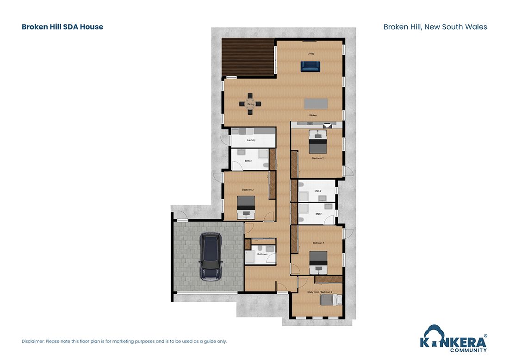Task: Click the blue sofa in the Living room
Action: click(x=310, y=67)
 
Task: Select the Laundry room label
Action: click(x=252, y=140)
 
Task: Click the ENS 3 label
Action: click(x=248, y=161)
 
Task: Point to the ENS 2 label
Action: click(x=318, y=191)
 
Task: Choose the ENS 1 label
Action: click(x=318, y=214)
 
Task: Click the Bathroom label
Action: click(x=262, y=254)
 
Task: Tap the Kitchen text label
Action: click(x=313, y=115)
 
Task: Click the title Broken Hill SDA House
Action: click(x=62, y=27)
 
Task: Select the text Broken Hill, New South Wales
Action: click(x=435, y=27)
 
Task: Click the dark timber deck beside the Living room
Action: click(x=248, y=57)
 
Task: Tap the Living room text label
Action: click(x=310, y=54)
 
